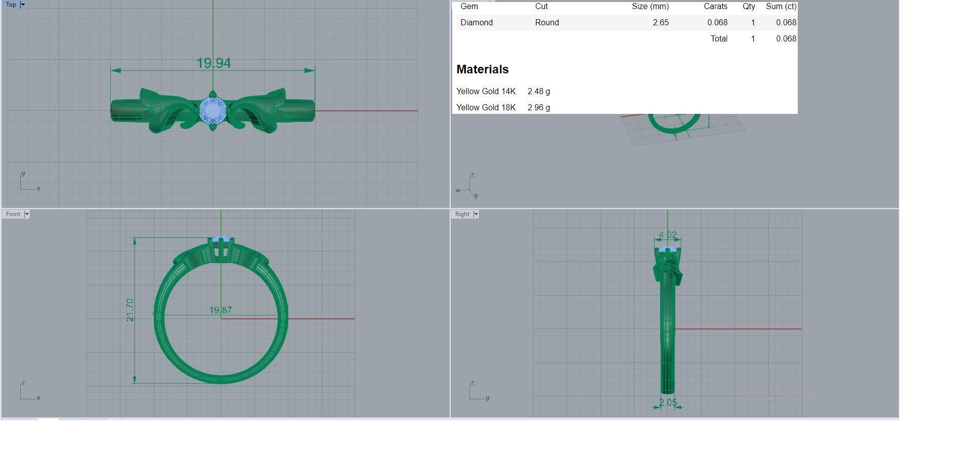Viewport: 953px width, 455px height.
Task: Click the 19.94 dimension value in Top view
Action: pos(213,63)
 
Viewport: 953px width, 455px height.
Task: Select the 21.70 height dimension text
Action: pos(130,310)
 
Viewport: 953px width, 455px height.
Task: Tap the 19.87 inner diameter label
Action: pos(221,310)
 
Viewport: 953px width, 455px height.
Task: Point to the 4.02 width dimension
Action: pos(668,235)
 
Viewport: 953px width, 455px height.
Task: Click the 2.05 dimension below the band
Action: pos(668,402)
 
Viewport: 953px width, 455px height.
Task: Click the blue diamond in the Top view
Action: pos(212,110)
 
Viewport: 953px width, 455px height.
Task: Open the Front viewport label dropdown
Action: pos(27,214)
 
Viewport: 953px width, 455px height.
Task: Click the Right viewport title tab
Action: pos(462,214)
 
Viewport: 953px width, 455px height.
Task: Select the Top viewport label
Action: pos(11,5)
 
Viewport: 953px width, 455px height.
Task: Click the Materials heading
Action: pos(482,69)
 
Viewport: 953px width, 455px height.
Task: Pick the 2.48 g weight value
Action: pos(538,92)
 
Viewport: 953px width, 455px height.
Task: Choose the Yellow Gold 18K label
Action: pos(486,108)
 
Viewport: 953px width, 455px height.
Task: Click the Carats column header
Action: pos(715,7)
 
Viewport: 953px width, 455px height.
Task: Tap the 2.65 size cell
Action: pos(660,23)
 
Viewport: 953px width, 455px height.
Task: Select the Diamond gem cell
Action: pos(476,23)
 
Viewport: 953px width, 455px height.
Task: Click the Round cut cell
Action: pos(546,23)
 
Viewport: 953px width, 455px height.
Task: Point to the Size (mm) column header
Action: pos(649,7)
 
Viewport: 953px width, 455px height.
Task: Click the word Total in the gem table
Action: pos(718,39)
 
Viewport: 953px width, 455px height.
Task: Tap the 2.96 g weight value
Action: pos(538,108)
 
